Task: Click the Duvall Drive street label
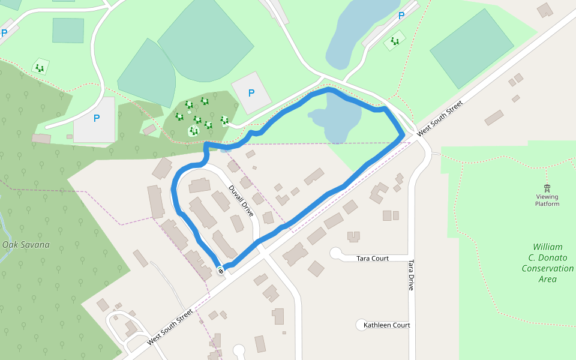click(x=242, y=200)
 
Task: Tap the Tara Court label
click(x=373, y=259)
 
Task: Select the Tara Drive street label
click(x=411, y=275)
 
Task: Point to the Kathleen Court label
click(x=387, y=325)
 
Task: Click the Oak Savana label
click(x=26, y=245)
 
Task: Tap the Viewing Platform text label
click(x=547, y=200)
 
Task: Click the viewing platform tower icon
click(x=547, y=188)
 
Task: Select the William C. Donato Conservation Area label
click(x=547, y=263)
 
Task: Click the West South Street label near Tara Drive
click(x=440, y=118)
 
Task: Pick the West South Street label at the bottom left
click(x=170, y=326)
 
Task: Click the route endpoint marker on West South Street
click(x=221, y=271)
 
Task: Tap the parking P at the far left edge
click(x=4, y=34)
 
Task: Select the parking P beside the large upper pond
click(x=401, y=16)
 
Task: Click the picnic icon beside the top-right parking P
click(x=395, y=41)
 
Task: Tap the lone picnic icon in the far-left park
click(x=40, y=67)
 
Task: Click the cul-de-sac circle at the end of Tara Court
click(x=335, y=253)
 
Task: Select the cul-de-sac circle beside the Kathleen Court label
click(x=361, y=325)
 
